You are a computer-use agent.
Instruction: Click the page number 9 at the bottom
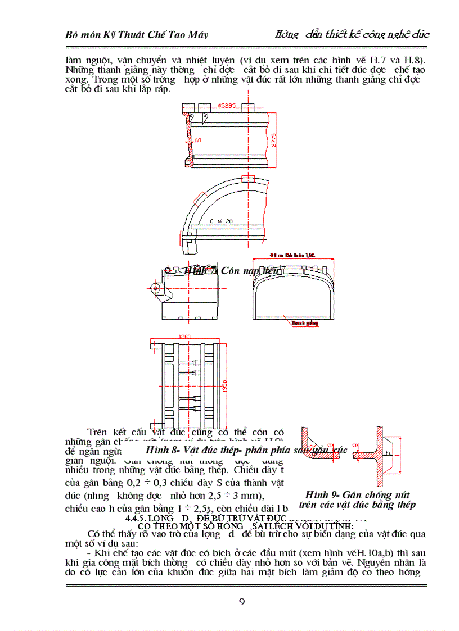click(x=242, y=602)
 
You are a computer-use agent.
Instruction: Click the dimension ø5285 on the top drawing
click(x=226, y=105)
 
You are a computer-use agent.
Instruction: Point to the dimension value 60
click(x=197, y=140)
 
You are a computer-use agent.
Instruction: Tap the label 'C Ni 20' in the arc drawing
click(x=222, y=221)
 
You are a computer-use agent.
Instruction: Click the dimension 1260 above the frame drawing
click(x=184, y=337)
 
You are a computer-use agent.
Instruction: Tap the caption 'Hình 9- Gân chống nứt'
click(x=357, y=494)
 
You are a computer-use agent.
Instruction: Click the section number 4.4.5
click(x=138, y=518)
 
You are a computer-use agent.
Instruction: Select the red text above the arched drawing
click(x=292, y=255)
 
